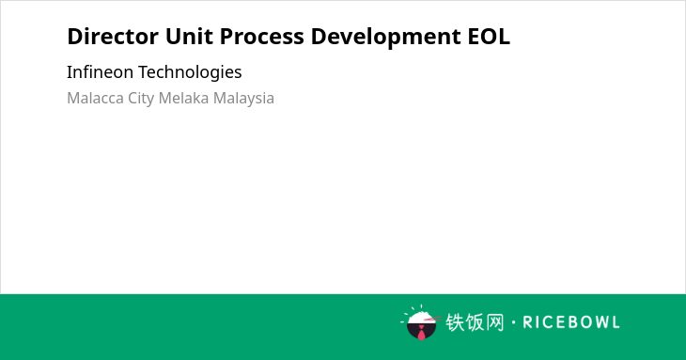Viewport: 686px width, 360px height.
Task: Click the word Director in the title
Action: click(x=113, y=37)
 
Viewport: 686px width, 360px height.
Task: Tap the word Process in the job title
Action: click(x=261, y=37)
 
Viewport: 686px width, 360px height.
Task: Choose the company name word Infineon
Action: click(x=100, y=71)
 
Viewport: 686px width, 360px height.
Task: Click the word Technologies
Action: click(x=190, y=72)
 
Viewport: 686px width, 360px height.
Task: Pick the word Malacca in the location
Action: click(x=95, y=98)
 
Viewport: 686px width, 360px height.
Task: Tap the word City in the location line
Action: click(x=141, y=99)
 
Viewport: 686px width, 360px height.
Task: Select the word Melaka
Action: click(x=183, y=98)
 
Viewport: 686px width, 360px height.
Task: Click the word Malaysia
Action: click(x=243, y=99)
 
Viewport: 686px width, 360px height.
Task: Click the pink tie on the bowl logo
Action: click(x=421, y=334)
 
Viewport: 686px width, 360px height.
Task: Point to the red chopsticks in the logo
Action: click(x=432, y=319)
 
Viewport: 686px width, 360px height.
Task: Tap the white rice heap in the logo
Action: click(x=420, y=318)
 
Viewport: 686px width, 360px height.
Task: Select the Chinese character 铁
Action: click(x=455, y=322)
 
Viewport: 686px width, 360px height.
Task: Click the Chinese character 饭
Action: click(x=475, y=322)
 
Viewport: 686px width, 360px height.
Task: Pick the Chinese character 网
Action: click(x=495, y=322)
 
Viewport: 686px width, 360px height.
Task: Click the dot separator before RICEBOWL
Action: click(x=514, y=322)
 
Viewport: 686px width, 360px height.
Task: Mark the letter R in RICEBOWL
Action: click(x=527, y=322)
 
